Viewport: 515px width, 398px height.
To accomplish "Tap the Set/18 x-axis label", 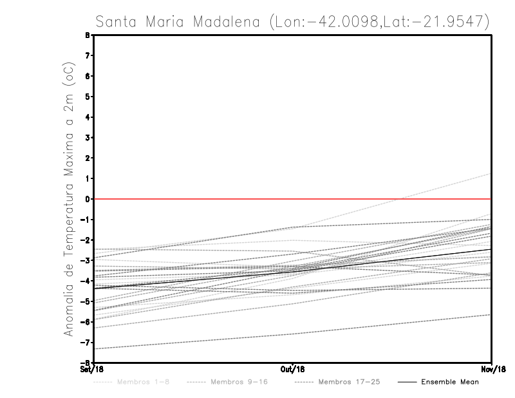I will pyautogui.click(x=88, y=370).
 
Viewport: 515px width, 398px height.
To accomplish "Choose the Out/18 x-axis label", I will pyautogui.click(x=293, y=370).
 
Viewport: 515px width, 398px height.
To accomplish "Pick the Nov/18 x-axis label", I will pyautogui.click(x=492, y=370).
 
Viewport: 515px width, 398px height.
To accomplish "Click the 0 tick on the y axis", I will pyautogui.click(x=87, y=199).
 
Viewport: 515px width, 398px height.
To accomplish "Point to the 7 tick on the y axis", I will pyautogui.click(x=87, y=55).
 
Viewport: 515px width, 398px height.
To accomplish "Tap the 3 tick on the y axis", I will pyautogui.click(x=87, y=137).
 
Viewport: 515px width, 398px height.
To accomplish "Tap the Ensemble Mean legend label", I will pyautogui.click(x=450, y=382).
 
